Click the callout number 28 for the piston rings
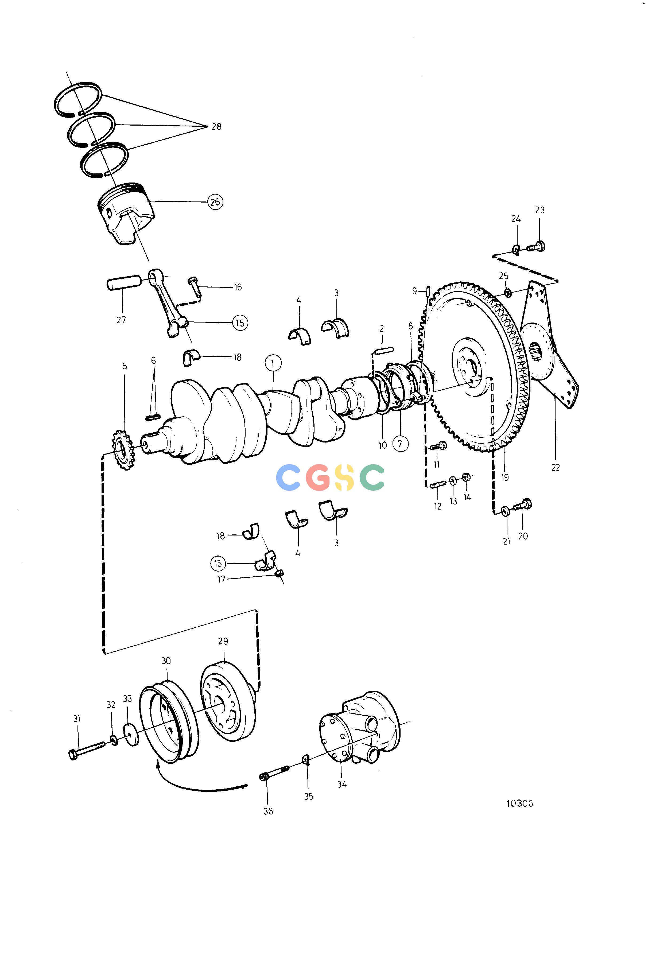tap(216, 126)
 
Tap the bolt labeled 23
tap(536, 247)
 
